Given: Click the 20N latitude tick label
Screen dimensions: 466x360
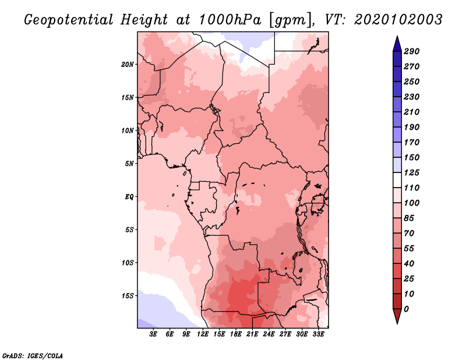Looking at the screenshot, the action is tap(128, 65).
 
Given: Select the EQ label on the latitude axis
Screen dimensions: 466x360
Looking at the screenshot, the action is tap(129, 197).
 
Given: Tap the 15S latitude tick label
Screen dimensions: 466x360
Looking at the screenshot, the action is tap(128, 296).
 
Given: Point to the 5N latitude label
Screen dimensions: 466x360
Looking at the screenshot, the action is tap(129, 164).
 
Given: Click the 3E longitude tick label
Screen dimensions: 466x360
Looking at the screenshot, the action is tap(153, 334).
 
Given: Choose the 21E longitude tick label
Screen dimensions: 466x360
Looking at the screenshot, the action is tap(252, 334).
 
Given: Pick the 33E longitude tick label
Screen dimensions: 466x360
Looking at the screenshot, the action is tap(318, 334).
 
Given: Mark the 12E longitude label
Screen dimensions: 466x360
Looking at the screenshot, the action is tap(203, 334).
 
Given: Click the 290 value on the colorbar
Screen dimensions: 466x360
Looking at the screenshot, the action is tap(412, 51).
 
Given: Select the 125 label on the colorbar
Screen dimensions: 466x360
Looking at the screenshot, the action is tap(412, 172).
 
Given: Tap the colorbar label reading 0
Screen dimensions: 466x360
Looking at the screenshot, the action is tap(406, 309).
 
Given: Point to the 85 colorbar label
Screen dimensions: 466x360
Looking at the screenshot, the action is tap(409, 218).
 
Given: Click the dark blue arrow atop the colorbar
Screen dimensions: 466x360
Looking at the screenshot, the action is tap(397, 44).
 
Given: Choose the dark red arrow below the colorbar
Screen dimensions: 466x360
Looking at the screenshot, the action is tap(397, 316).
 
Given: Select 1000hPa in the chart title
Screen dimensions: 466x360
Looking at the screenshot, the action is tap(230, 20).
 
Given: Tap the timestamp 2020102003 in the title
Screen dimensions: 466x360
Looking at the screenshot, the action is tap(398, 20).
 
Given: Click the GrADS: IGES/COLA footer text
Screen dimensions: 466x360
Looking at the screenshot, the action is tap(33, 355).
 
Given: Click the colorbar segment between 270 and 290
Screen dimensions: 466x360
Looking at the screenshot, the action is tap(397, 59).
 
